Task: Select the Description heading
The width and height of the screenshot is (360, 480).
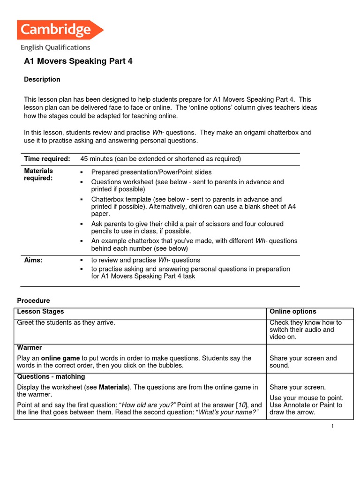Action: click(x=42, y=79)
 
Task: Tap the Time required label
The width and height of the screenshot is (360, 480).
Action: click(x=47, y=159)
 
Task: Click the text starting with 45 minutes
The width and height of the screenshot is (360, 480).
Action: click(x=160, y=159)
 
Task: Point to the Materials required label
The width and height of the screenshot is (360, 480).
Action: click(x=38, y=174)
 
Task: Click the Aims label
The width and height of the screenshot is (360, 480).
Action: click(x=33, y=260)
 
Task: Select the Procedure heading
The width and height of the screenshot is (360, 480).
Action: click(x=33, y=300)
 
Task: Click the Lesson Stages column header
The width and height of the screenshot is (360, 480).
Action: click(x=40, y=311)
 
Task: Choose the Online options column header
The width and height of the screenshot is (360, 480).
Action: click(x=293, y=311)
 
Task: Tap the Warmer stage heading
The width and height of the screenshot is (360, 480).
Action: click(x=30, y=347)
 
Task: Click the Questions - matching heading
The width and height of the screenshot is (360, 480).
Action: click(x=51, y=376)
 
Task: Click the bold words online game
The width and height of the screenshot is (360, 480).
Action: click(x=61, y=358)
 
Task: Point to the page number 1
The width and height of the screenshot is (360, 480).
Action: click(x=331, y=425)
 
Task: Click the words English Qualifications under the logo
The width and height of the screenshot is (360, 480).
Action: click(x=55, y=47)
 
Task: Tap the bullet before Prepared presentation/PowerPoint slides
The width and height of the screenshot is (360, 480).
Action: click(x=82, y=172)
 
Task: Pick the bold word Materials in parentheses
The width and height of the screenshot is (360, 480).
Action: click(x=113, y=387)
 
